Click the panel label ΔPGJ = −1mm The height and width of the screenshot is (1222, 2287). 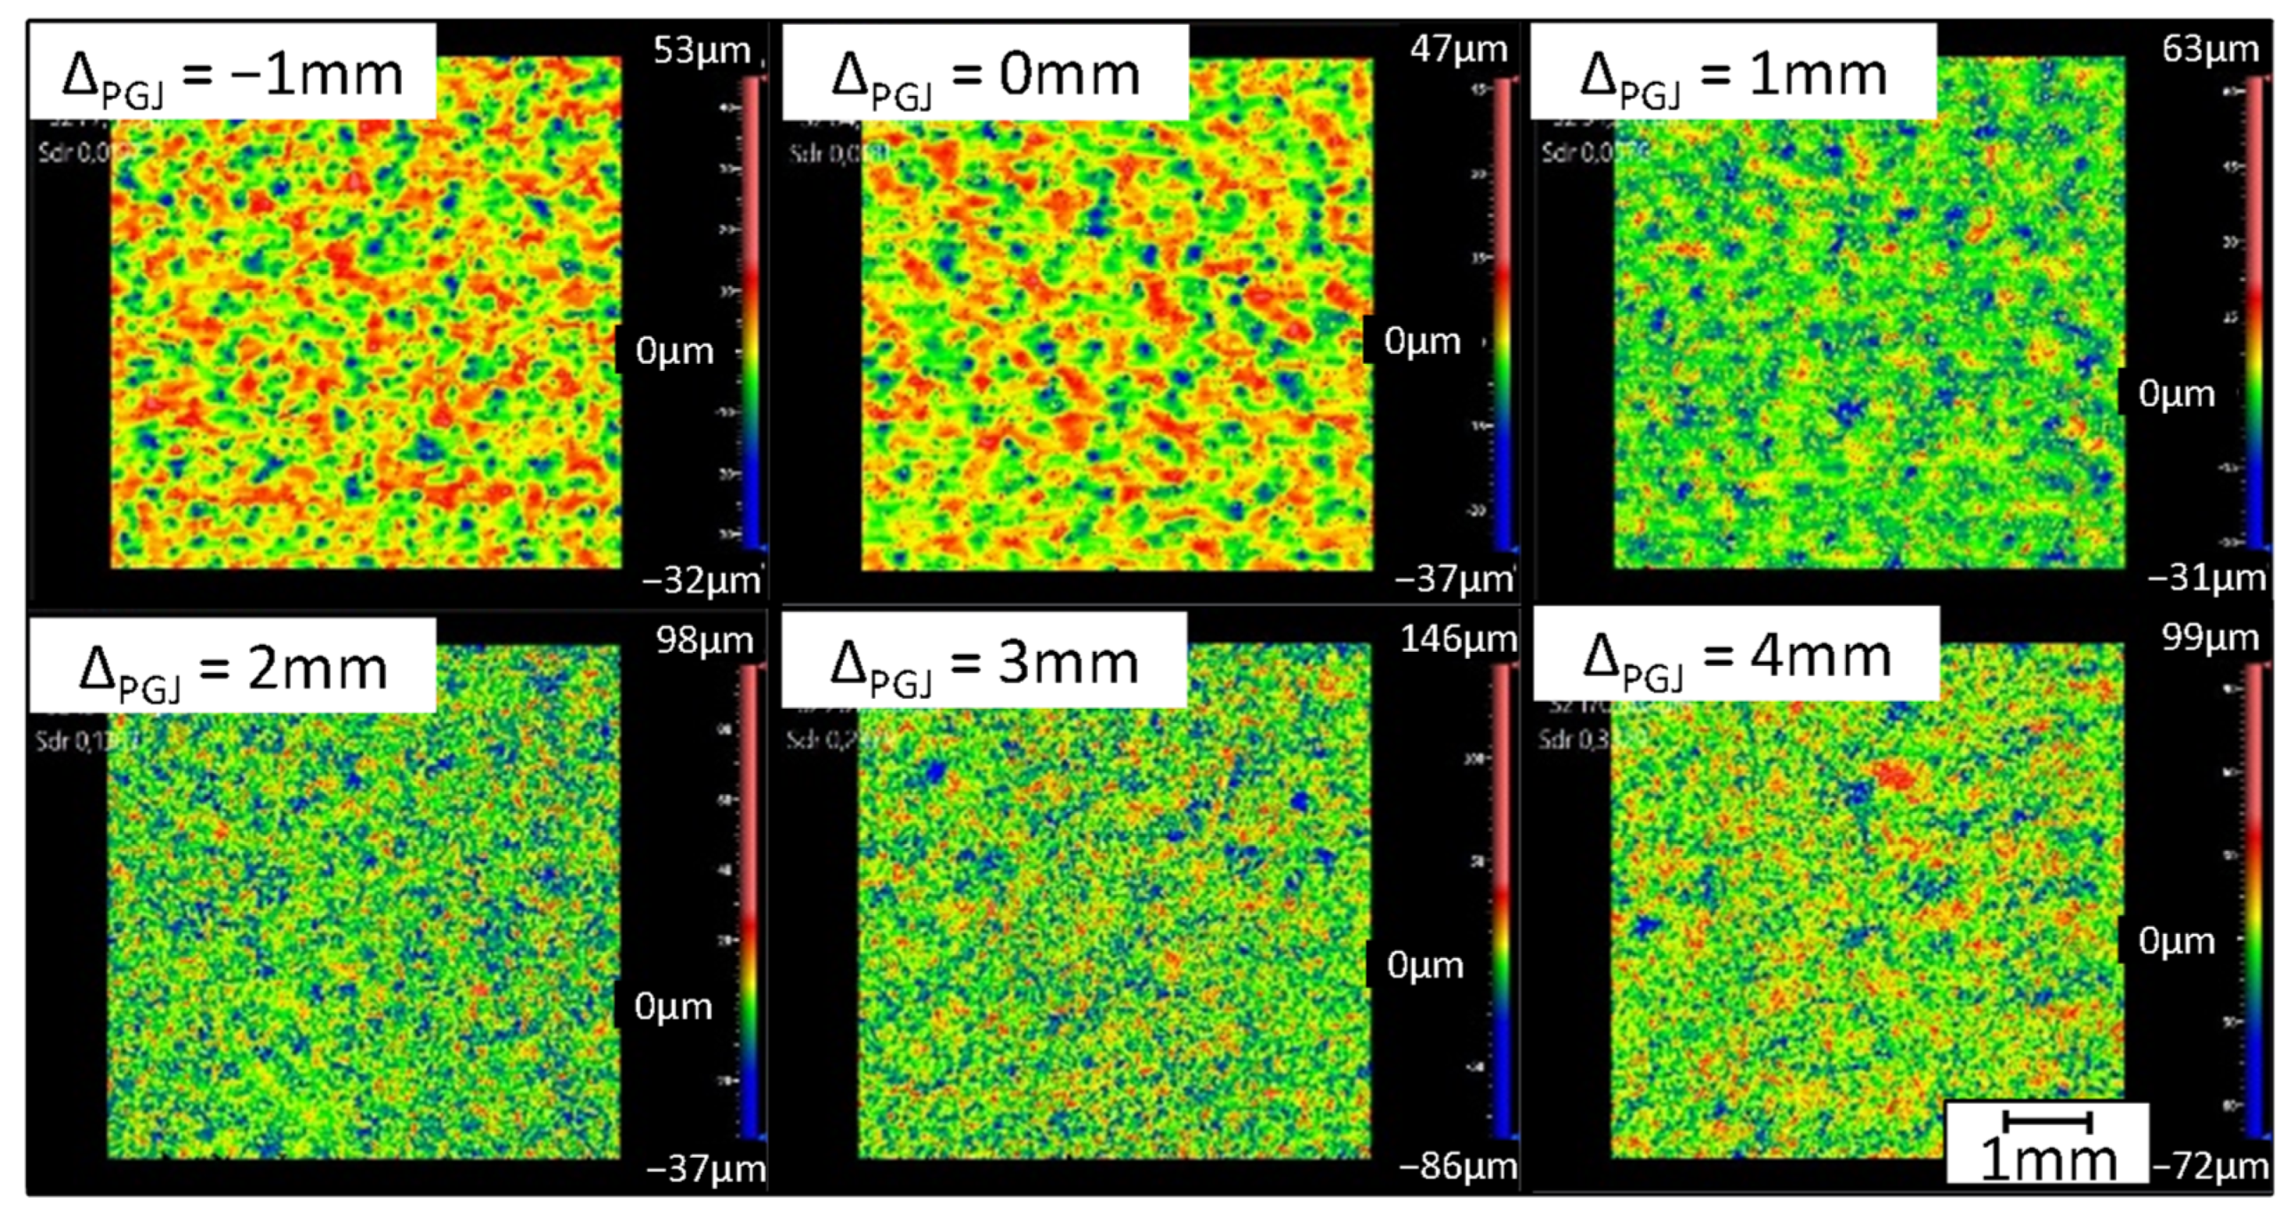click(x=232, y=75)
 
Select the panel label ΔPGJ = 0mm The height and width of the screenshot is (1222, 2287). click(x=985, y=75)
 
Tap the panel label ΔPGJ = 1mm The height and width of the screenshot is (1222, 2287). click(x=1733, y=75)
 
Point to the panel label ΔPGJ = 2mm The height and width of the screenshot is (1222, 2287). click(x=233, y=669)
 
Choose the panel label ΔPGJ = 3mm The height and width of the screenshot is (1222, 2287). click(x=984, y=663)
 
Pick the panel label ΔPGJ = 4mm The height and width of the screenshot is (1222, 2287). click(x=1737, y=658)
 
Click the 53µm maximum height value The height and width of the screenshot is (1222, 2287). click(x=702, y=51)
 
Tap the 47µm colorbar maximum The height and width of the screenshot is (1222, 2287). click(x=1458, y=49)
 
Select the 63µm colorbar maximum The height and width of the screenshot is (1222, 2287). click(x=2211, y=49)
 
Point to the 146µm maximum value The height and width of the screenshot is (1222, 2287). click(x=1458, y=639)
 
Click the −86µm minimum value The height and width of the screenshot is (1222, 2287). click(x=1458, y=1166)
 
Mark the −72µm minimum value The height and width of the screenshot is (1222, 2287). click(x=2211, y=1166)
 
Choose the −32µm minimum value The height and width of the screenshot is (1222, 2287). click(x=702, y=581)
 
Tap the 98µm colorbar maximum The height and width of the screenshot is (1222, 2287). click(x=704, y=640)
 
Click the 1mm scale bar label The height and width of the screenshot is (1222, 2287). click(x=2048, y=1159)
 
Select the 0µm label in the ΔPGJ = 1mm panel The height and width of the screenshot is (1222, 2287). click(x=2176, y=393)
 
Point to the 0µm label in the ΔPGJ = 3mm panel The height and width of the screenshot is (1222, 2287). click(x=1424, y=965)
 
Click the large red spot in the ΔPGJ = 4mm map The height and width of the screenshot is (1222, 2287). click(x=1895, y=776)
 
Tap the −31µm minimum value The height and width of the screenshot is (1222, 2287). click(x=2207, y=579)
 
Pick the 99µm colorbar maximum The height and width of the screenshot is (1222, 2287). click(x=2211, y=638)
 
